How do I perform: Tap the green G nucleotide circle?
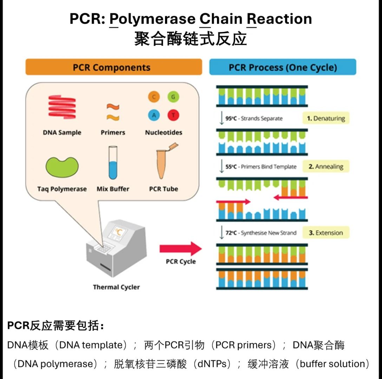coord(173,97)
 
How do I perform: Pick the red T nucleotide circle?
coord(173,115)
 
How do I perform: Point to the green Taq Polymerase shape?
coord(62,167)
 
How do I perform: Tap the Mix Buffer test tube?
coord(113,163)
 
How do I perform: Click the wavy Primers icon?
coord(113,112)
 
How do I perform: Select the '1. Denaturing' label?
coord(326,119)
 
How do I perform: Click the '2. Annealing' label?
coord(326,167)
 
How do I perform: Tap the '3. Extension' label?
coord(326,233)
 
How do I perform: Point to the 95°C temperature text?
coord(231,119)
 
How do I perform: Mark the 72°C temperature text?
coord(231,233)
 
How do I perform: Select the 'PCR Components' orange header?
coord(113,67)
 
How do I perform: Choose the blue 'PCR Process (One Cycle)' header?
coord(283,67)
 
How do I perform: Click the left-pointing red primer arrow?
coord(290,198)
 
